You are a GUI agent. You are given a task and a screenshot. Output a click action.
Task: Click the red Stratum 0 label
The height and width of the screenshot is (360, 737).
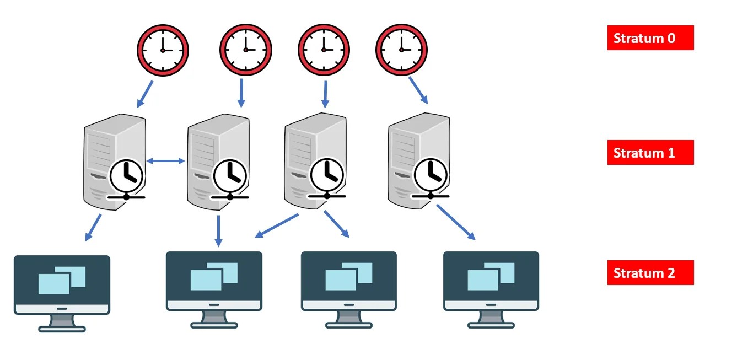(650, 38)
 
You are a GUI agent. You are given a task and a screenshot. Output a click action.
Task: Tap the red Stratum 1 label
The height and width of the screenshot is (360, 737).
(650, 152)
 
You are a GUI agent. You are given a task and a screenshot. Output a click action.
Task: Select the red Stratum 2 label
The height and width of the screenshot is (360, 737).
(650, 272)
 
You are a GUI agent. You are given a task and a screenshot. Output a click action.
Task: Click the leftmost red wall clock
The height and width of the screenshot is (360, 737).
(163, 50)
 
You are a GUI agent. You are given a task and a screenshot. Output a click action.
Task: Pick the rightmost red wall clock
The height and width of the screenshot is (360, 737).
(401, 50)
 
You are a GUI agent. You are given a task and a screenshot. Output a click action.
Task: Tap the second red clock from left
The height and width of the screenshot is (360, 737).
(246, 50)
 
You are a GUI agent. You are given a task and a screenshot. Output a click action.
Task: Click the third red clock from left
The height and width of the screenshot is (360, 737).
(324, 50)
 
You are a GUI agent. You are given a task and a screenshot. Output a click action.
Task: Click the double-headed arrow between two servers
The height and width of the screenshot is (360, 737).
(165, 161)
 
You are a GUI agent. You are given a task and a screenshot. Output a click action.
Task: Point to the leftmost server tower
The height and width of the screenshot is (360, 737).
(115, 162)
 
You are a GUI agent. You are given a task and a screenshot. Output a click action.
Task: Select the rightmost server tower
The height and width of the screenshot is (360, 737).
(419, 160)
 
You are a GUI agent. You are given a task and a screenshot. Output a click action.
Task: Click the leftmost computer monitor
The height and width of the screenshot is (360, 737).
(62, 293)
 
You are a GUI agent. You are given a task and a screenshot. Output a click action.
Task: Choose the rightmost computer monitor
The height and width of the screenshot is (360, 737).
(491, 290)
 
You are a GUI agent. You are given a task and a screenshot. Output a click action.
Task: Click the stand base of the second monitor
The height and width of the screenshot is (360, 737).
(214, 325)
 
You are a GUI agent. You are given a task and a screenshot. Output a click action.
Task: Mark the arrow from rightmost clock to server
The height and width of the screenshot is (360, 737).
(418, 90)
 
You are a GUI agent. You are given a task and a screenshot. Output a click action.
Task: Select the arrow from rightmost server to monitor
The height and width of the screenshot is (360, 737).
(456, 222)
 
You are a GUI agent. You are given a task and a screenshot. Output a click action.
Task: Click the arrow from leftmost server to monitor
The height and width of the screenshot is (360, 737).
(93, 228)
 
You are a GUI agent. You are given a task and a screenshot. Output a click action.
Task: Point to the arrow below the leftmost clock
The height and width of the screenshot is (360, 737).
(145, 94)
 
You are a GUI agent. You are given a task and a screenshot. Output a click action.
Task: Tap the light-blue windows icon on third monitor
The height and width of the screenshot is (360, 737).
(349, 276)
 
